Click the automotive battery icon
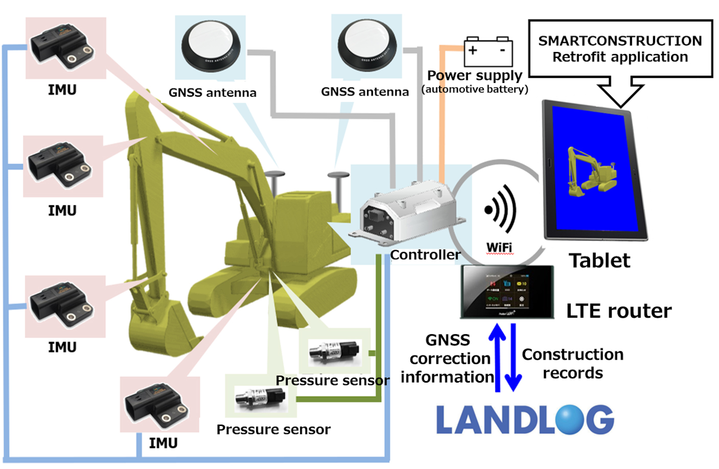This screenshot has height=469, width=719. (488, 51)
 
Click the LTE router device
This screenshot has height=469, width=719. (507, 292)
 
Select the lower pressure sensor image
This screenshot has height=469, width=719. (260, 398)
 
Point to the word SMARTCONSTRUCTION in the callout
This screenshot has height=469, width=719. (620, 41)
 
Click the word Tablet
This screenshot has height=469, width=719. (599, 261)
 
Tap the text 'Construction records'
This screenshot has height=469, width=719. (573, 364)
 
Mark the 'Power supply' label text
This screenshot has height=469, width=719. (474, 76)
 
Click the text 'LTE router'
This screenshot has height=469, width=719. (619, 311)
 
